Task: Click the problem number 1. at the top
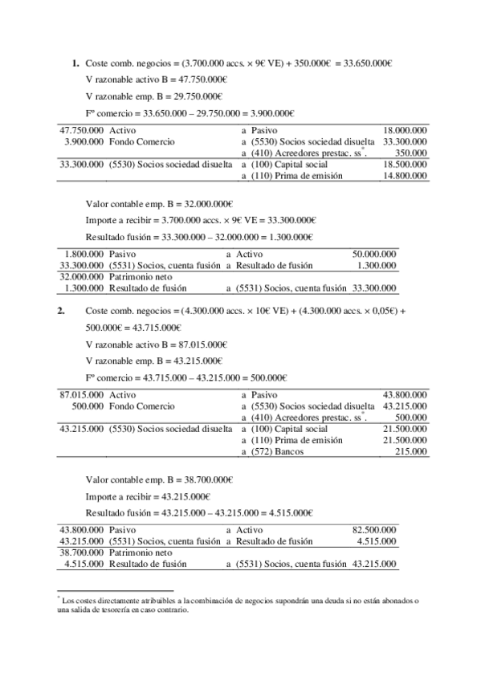(75, 63)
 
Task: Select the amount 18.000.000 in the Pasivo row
(405, 129)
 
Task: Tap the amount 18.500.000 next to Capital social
(405, 164)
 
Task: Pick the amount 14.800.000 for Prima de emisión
(405, 175)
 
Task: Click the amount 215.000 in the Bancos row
(410, 452)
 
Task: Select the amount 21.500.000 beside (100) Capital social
(405, 430)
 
